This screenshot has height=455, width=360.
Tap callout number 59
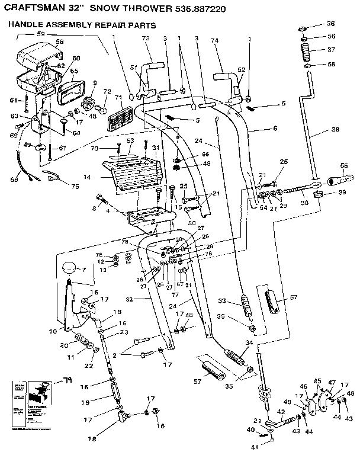[41, 34]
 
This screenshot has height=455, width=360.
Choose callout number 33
[224, 299]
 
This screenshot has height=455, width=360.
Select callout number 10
[53, 329]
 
